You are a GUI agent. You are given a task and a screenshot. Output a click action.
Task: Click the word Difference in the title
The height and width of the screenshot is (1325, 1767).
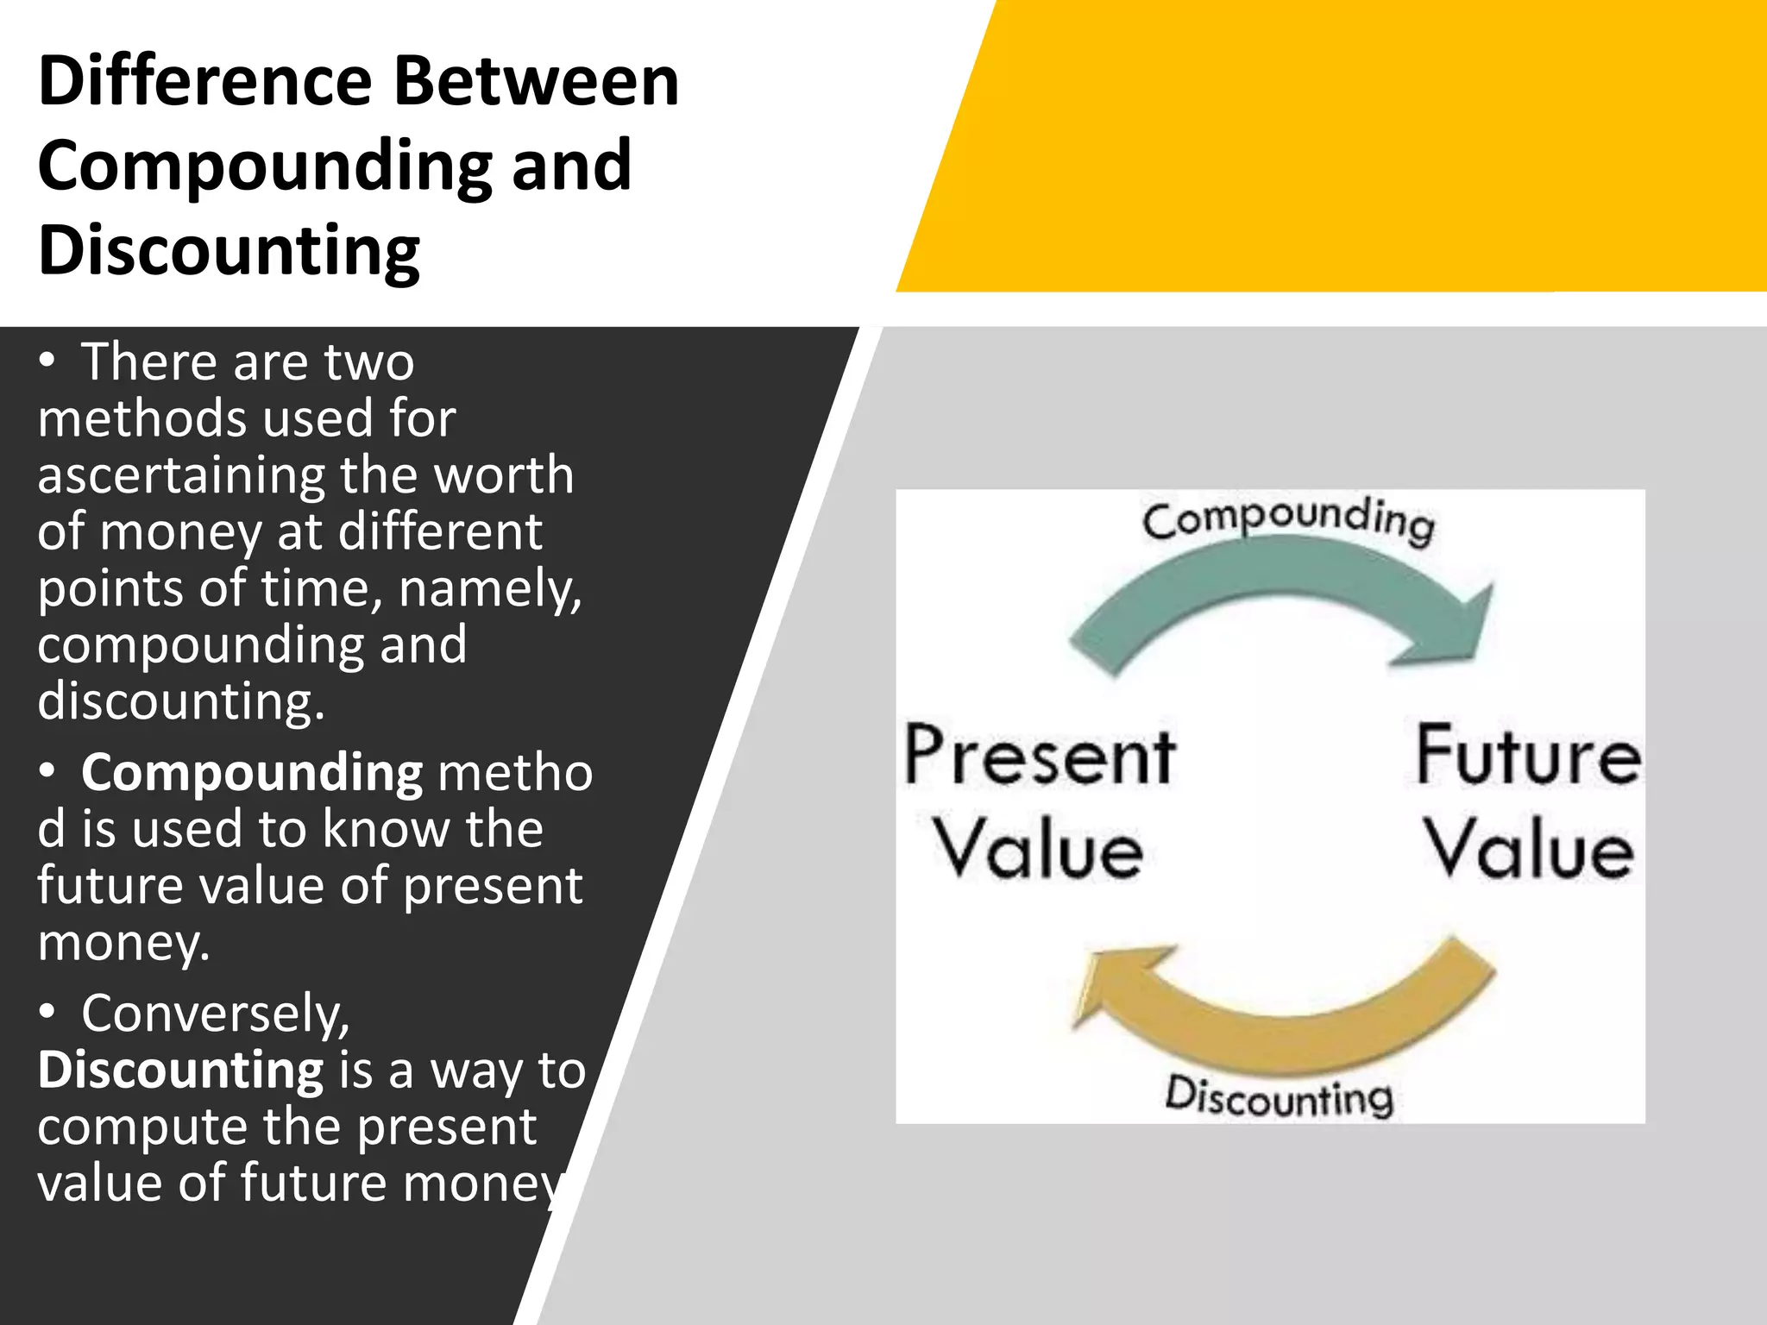click(x=204, y=81)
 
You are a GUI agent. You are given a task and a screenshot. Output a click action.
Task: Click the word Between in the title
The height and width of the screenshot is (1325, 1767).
click(x=536, y=81)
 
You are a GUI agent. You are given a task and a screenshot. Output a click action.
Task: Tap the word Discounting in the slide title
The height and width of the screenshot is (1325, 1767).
click(x=229, y=250)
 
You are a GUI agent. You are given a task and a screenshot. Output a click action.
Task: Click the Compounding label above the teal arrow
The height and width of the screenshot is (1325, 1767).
click(x=1288, y=520)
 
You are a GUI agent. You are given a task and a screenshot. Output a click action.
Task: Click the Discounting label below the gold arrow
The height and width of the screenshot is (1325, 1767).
click(x=1279, y=1097)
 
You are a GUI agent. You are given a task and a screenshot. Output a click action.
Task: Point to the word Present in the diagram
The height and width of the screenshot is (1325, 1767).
click(x=1039, y=757)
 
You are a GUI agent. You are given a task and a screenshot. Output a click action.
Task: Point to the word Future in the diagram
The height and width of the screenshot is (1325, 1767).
click(x=1528, y=757)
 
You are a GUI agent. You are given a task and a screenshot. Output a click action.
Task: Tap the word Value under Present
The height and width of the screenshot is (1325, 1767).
click(x=1039, y=851)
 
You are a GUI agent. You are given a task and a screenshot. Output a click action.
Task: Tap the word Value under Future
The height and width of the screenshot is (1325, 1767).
click(x=1528, y=851)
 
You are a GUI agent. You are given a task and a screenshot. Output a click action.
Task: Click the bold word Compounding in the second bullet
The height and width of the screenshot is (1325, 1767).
click(x=251, y=772)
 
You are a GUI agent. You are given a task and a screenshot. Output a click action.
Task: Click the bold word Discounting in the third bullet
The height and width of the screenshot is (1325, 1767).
click(x=180, y=1070)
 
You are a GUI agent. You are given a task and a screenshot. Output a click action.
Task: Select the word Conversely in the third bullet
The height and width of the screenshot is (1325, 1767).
click(x=215, y=1013)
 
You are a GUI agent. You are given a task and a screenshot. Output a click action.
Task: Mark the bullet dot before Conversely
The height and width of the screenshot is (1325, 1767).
click(x=47, y=1013)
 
